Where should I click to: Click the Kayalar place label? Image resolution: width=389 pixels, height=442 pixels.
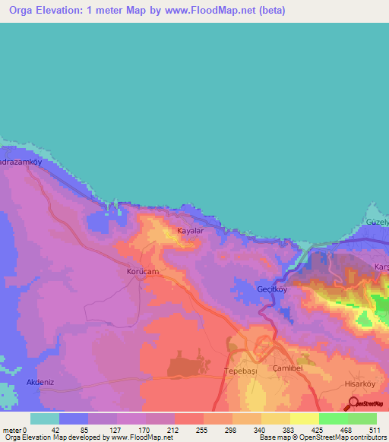191,230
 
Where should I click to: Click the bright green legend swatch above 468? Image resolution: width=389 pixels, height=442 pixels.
333,418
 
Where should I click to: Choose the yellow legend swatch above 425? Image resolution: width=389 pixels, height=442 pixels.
304,418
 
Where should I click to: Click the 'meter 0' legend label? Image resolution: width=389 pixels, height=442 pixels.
15,430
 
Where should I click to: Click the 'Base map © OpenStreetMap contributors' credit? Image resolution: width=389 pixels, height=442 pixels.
320,438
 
